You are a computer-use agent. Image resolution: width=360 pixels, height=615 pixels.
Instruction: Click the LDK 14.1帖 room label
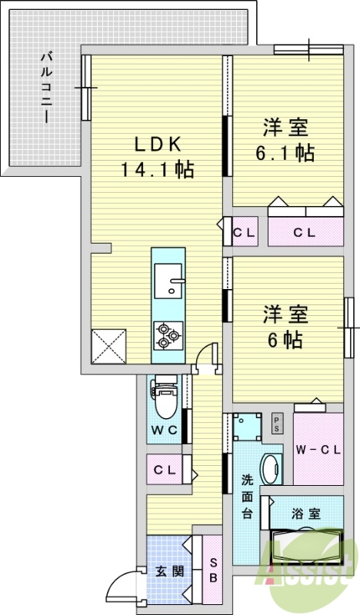(157, 158)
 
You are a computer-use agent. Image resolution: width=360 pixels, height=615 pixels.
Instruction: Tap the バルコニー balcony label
(47, 88)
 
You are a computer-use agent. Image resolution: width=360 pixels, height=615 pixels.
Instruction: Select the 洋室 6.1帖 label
(285, 140)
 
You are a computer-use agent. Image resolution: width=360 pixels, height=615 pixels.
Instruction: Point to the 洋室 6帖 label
(285, 327)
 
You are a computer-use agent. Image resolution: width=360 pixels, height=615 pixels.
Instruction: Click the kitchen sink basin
(168, 281)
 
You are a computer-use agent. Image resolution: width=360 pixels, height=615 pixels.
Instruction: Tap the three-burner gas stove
(168, 336)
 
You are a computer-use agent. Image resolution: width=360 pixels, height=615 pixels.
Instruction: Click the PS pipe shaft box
(277, 424)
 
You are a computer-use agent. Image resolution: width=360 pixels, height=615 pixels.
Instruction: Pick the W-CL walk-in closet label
(318, 450)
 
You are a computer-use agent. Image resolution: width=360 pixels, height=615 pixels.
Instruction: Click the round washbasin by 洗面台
(272, 469)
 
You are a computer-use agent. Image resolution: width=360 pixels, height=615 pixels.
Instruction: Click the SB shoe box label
(213, 570)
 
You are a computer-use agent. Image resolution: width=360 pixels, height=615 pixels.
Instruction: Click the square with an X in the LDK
(108, 347)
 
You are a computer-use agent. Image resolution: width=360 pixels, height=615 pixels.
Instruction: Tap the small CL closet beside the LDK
(244, 232)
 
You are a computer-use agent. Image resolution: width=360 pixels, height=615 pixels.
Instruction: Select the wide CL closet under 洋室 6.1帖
(305, 232)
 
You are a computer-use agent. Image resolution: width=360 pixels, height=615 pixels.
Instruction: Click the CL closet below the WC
(164, 469)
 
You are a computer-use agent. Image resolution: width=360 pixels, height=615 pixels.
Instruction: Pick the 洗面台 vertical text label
(247, 496)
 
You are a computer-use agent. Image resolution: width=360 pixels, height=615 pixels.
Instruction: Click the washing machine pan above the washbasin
(248, 427)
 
